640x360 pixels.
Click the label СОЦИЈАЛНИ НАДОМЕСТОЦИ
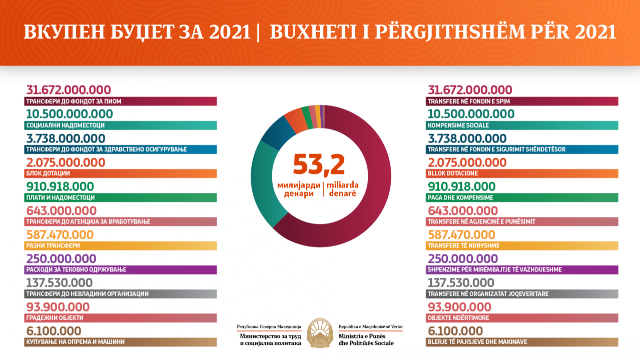point(65,125)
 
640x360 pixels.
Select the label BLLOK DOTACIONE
point(453,173)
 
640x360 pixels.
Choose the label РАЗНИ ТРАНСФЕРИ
point(53,246)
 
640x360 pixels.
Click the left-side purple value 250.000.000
point(61,258)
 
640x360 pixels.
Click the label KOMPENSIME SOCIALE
point(458,125)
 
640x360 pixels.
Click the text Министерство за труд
point(270,337)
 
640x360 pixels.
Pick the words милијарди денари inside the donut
point(299,189)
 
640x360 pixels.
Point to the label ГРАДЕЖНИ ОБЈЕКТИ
point(54,318)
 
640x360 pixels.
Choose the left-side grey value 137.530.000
point(59,282)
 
